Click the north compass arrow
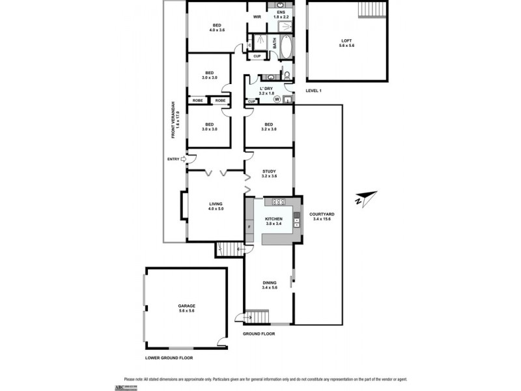367,198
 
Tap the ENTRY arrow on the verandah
183,158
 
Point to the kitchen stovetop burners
280,201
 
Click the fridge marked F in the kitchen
249,227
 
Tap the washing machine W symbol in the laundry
276,100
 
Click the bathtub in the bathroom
283,44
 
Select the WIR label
257,16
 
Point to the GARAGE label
187,308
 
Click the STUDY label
269,173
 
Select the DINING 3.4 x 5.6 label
270,285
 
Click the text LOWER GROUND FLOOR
169,358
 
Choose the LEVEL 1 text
314,91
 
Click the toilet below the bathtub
286,76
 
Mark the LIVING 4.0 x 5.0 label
216,206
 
